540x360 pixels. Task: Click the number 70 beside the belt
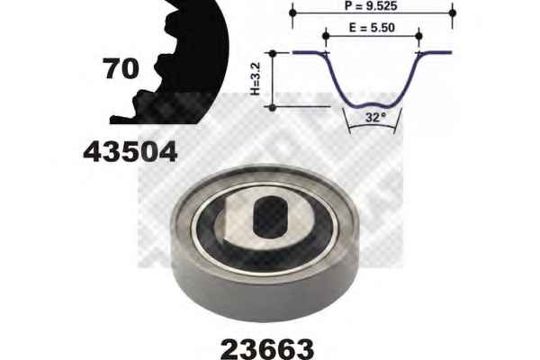pyautogui.click(x=121, y=68)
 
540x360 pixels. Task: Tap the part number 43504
pyautogui.click(x=130, y=152)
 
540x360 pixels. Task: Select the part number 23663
pyautogui.click(x=267, y=349)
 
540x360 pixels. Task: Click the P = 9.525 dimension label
pyautogui.click(x=371, y=5)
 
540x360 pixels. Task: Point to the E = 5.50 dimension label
pyautogui.click(x=372, y=28)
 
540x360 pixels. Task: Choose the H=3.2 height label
pyautogui.click(x=256, y=78)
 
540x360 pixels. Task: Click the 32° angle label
pyautogui.click(x=375, y=118)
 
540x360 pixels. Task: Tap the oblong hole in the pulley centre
pyautogui.click(x=270, y=217)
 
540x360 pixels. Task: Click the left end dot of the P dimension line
pyautogui.click(x=292, y=13)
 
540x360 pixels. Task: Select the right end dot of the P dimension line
pyautogui.click(x=453, y=13)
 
